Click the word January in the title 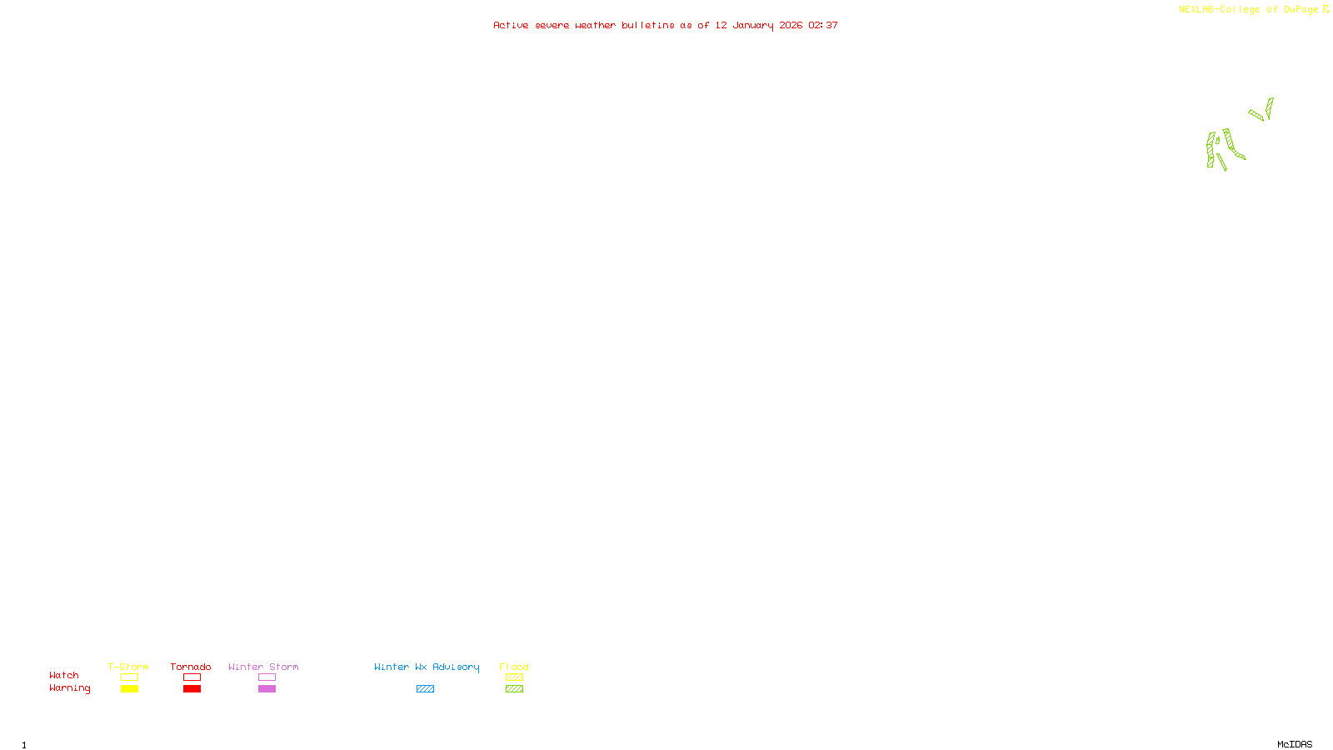753,26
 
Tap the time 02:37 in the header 823,26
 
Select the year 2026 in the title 791,26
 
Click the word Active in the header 511,26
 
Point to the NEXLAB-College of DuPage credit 1248,10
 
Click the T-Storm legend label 128,667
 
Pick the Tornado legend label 191,667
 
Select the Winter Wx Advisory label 427,667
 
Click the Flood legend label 514,667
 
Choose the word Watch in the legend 64,676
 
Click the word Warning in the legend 70,688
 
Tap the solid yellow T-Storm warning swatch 129,689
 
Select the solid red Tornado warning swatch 192,689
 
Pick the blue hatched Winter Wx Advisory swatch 425,689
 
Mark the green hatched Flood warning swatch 514,689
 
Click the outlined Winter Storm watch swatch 267,677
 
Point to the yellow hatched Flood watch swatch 514,677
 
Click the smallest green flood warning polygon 1217,141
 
